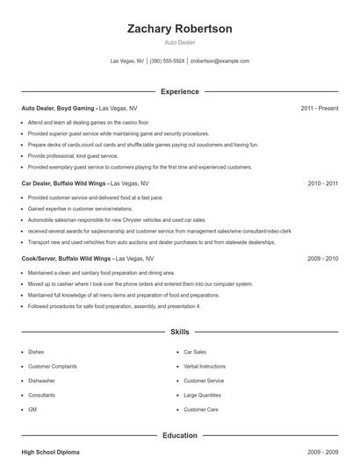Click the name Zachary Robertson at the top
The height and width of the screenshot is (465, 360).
tap(180, 29)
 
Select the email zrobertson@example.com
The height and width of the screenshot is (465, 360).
tap(220, 61)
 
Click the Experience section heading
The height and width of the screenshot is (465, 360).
tap(180, 91)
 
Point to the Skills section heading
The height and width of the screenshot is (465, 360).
tap(180, 333)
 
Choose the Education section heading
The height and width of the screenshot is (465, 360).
tap(180, 435)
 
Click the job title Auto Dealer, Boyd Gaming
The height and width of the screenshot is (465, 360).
tap(58, 109)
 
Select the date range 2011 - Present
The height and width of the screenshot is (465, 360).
tap(319, 109)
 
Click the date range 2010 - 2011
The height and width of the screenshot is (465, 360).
tap(322, 184)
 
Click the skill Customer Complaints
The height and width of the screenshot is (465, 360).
tap(53, 366)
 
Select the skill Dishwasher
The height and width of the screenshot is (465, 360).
tap(42, 381)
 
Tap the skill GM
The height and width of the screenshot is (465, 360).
tap(32, 410)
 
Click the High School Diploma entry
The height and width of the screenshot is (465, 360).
tap(50, 452)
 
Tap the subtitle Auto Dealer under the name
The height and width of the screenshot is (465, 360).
tap(180, 42)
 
